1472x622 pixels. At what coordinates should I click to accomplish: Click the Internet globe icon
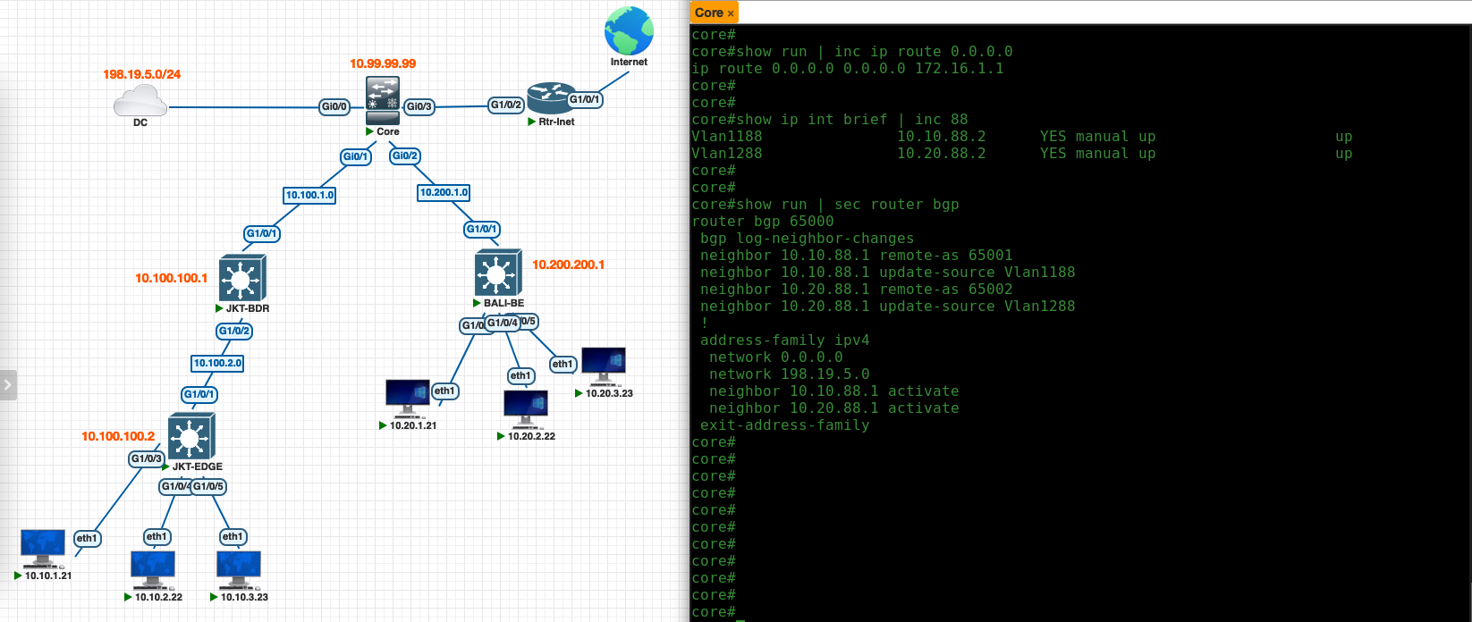(629, 31)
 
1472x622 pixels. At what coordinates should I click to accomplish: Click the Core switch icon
(383, 100)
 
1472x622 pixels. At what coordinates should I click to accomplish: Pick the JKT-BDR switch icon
(241, 278)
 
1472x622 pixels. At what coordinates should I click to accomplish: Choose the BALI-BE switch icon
(498, 272)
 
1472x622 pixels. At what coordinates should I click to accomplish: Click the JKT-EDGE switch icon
(191, 436)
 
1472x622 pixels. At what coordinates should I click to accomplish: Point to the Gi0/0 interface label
(334, 107)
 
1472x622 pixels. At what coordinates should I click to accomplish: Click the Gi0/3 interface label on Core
(419, 107)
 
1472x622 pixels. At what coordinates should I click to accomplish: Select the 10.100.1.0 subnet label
(309, 195)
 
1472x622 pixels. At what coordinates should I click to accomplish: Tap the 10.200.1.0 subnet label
(444, 192)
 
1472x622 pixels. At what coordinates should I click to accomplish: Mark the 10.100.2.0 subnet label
(218, 363)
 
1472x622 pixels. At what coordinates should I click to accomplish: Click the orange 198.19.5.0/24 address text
(141, 74)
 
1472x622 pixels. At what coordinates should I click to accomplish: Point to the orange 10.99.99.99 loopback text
(383, 63)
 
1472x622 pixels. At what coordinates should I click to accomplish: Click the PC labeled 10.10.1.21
(43, 548)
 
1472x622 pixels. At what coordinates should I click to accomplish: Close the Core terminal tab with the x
(731, 13)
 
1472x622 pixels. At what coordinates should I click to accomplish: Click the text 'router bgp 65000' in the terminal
(762, 222)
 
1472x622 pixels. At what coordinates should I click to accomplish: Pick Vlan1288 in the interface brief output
(726, 154)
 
